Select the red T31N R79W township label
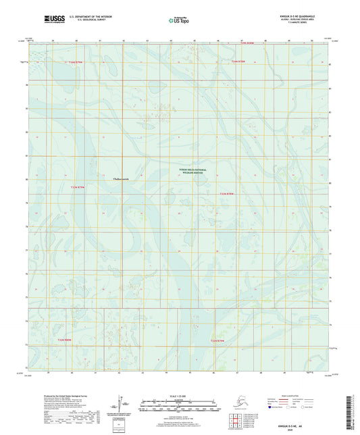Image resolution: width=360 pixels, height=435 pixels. [x=220, y=340]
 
